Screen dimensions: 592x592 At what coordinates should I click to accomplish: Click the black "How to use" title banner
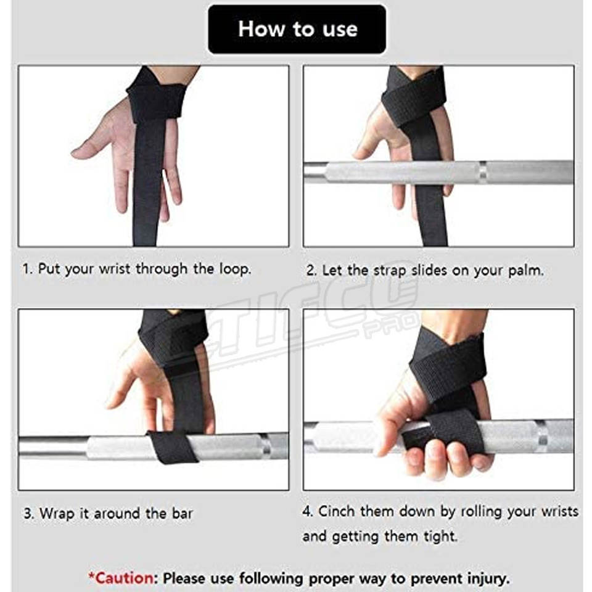tap(297, 30)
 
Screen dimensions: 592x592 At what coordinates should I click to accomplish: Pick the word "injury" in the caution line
tap(487, 579)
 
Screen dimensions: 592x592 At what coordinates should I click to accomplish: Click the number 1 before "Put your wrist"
tap(27, 269)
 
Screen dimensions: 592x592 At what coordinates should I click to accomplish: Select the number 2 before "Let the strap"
tap(310, 271)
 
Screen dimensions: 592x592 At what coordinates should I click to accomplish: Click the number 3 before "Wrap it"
tap(27, 514)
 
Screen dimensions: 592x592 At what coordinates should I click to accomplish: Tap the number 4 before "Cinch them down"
tap(307, 511)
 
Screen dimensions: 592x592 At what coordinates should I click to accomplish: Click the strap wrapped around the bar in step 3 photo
tap(173, 448)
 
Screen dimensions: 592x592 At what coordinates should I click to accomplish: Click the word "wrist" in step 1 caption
tap(115, 269)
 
